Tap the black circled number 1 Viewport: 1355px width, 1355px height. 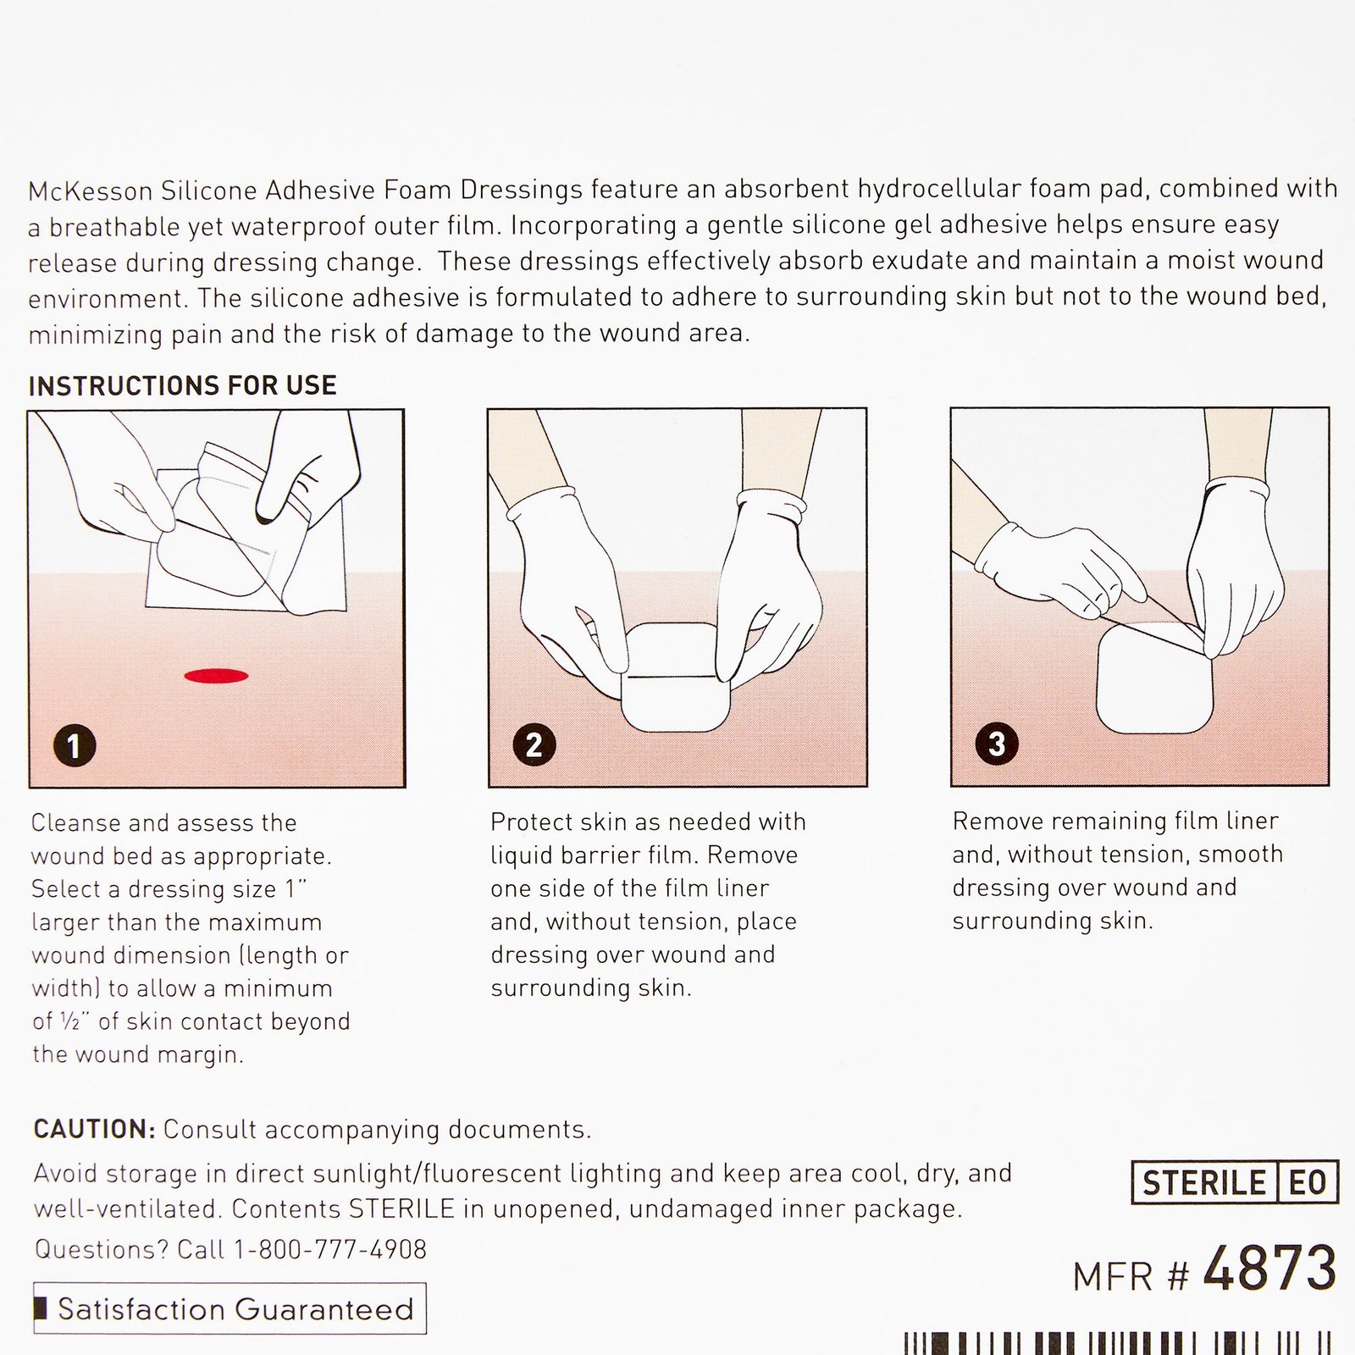(74, 746)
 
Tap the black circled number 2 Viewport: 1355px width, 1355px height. (534, 744)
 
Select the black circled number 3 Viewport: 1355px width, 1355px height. (997, 744)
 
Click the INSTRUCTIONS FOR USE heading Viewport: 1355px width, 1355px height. (182, 386)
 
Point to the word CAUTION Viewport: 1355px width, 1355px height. (93, 1129)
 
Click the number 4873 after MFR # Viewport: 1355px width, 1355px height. (1269, 1270)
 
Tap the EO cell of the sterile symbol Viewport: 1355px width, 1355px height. (1308, 1183)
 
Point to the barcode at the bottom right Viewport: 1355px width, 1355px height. (1118, 1343)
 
